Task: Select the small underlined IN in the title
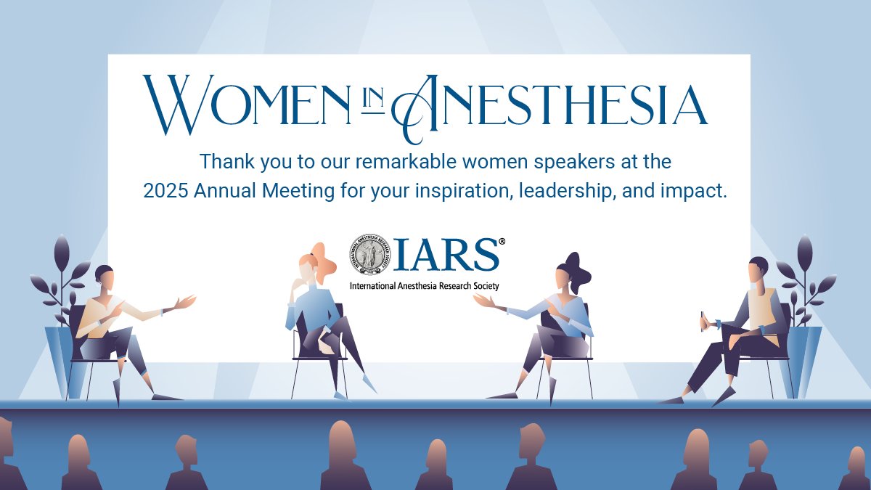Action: coord(372,101)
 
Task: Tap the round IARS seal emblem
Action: coord(372,255)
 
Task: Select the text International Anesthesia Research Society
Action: coord(424,286)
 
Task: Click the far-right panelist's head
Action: coord(758,270)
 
